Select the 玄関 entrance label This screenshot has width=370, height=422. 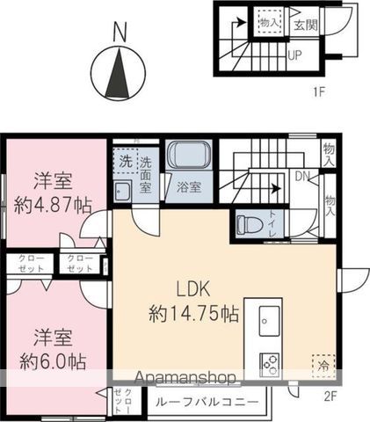307,24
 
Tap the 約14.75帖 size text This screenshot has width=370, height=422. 193,312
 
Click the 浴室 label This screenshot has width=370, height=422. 188,187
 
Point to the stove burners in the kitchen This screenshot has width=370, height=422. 268,362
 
